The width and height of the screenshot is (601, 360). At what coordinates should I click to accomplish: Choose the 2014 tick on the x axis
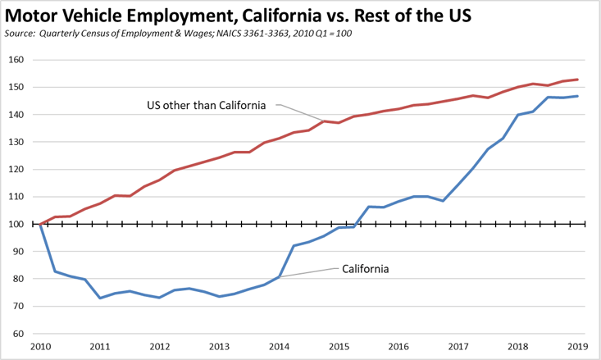click(x=280, y=348)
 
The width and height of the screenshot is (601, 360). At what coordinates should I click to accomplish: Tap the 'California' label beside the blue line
click(x=365, y=267)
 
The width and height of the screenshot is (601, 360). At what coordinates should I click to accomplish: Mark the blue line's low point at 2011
click(x=100, y=298)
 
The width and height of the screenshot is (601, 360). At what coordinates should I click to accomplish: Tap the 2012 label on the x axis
click(x=160, y=348)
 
